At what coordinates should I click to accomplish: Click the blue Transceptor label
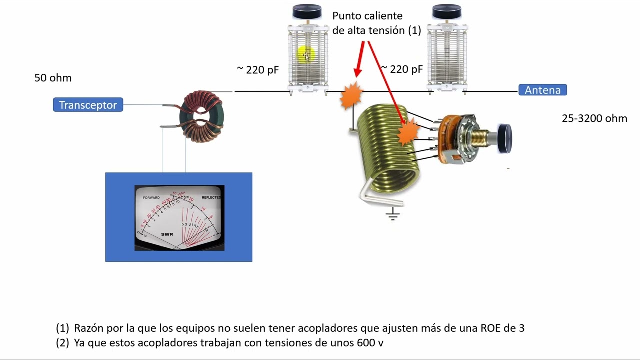[88, 105]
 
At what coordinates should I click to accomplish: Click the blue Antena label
[542, 90]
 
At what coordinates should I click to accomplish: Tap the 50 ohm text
[53, 78]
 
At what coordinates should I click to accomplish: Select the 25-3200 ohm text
[594, 118]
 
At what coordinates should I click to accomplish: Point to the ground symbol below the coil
[393, 214]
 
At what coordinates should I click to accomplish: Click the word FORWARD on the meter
[151, 198]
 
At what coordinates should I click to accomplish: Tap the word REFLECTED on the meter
[211, 198]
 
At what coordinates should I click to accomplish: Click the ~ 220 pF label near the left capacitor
[258, 70]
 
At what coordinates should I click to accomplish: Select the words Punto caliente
[367, 16]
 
